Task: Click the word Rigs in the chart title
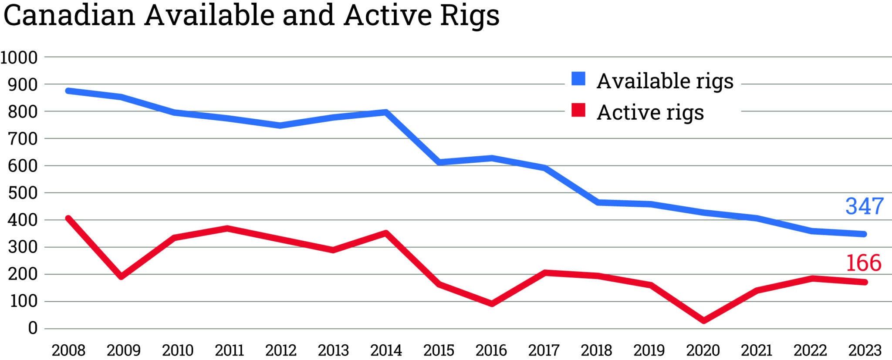click(469, 16)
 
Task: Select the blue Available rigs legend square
click(578, 79)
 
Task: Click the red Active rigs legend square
click(578, 110)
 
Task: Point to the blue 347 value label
click(864, 206)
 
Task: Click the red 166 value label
click(863, 263)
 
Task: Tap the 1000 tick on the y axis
click(19, 57)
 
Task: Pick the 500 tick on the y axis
click(23, 193)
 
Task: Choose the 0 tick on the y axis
click(33, 328)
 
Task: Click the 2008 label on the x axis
click(68, 350)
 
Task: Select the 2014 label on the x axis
click(386, 350)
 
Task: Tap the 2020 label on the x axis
click(703, 350)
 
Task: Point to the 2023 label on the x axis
click(865, 350)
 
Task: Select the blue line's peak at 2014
click(386, 112)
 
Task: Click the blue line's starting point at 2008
click(68, 91)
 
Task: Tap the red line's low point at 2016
click(492, 304)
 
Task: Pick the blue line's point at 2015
click(439, 162)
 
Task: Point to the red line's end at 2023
click(865, 282)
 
